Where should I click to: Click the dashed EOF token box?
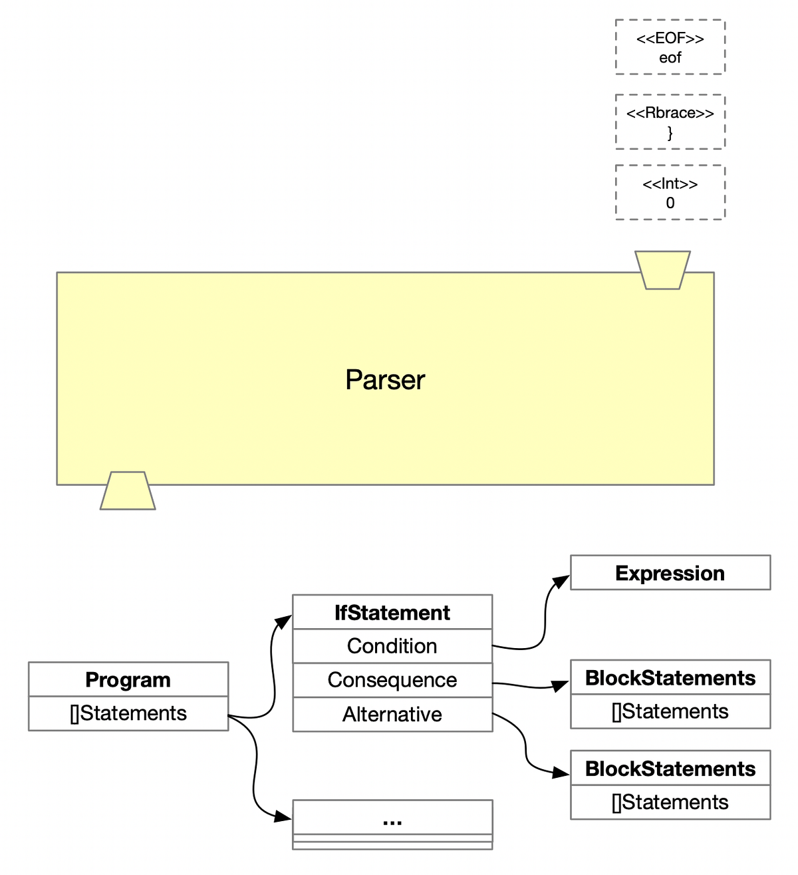pyautogui.click(x=670, y=47)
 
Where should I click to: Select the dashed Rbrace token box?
pyautogui.click(x=670, y=122)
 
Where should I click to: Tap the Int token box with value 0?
pyautogui.click(x=670, y=193)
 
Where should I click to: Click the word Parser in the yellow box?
pyautogui.click(x=384, y=380)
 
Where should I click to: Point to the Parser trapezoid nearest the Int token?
pyautogui.click(x=662, y=270)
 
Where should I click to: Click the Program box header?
pyautogui.click(x=128, y=679)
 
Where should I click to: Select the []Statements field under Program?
pyautogui.click(x=128, y=713)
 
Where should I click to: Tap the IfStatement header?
pyautogui.click(x=392, y=612)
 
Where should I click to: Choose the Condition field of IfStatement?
pyautogui.click(x=392, y=646)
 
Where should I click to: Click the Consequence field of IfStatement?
pyautogui.click(x=392, y=680)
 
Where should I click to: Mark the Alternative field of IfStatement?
pyautogui.click(x=392, y=715)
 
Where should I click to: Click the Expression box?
pyautogui.click(x=670, y=573)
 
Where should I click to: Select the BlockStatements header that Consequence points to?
pyautogui.click(x=670, y=678)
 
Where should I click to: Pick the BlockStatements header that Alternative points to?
pyautogui.click(x=670, y=769)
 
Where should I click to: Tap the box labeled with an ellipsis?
pyautogui.click(x=392, y=821)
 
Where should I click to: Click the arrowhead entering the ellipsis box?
pyautogui.click(x=285, y=816)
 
